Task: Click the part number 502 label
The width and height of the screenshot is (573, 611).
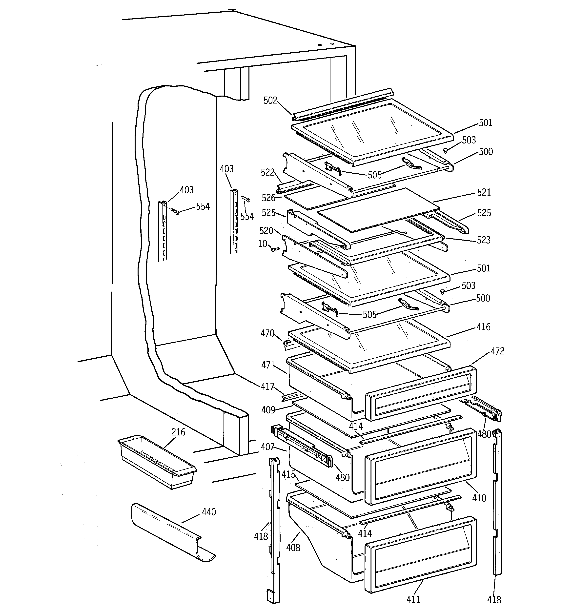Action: [x=270, y=101]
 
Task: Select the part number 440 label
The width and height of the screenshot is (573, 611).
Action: [x=209, y=512]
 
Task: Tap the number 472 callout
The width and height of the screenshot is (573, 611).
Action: [x=497, y=351]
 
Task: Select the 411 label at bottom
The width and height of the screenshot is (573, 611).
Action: [x=413, y=599]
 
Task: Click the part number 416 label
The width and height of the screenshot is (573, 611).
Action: [x=483, y=327]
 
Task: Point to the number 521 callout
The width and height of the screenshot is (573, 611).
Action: [x=484, y=192]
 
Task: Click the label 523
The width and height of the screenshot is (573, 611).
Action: [x=484, y=240]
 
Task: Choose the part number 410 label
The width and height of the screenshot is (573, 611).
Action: [x=479, y=498]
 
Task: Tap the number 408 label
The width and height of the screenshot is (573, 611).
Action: [x=293, y=547]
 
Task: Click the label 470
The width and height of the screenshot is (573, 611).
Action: [x=267, y=333]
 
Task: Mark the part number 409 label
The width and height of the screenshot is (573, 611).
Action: [x=268, y=410]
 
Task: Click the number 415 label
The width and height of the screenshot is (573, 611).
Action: [x=288, y=474]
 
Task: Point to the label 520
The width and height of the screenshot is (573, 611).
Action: [x=266, y=230]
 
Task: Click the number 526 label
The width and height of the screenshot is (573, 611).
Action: [x=268, y=198]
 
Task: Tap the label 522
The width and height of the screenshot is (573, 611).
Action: [x=267, y=172]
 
